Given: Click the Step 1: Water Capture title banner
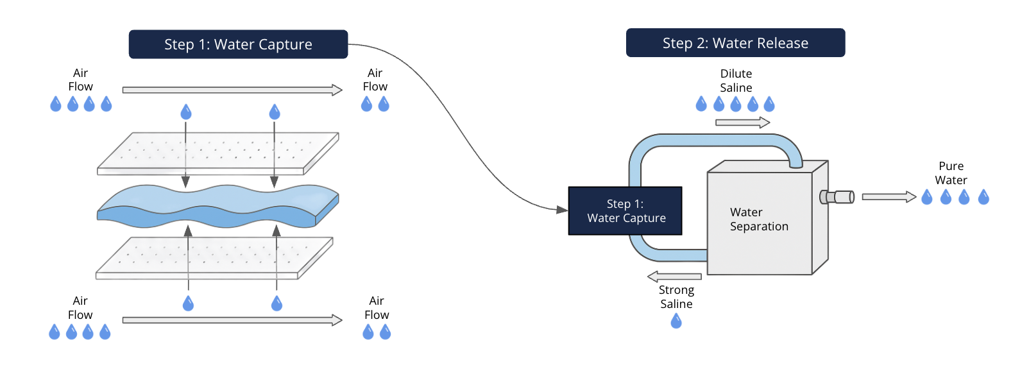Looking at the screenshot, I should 238,44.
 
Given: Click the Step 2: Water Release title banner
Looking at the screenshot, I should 735,43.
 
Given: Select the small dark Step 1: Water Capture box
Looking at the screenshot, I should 625,211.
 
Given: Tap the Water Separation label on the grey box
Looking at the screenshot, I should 758,219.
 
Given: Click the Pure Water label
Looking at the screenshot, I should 951,173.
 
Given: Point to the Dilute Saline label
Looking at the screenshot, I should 736,81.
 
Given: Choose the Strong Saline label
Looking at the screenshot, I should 676,296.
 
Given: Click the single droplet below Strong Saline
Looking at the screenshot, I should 676,321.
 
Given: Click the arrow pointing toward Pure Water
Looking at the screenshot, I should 889,197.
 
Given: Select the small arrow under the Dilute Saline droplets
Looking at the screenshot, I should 742,122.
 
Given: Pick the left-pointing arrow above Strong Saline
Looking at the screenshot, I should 674,277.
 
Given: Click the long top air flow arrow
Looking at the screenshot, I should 232,90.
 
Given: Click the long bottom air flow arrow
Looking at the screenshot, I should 232,320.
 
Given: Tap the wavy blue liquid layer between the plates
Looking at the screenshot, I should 218,205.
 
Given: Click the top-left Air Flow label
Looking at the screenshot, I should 80,80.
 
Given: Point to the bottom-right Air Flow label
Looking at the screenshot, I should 377,308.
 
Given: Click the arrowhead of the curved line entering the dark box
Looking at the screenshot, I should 563,210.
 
